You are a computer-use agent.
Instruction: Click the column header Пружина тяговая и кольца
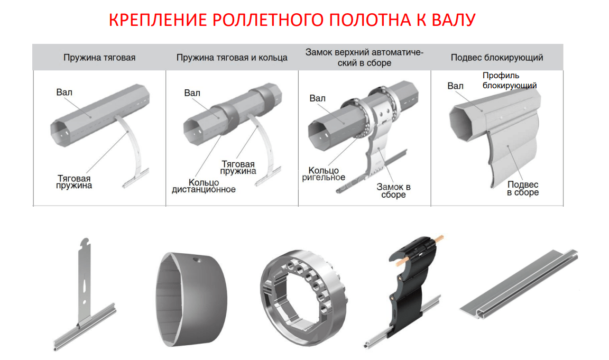pyautogui.click(x=232, y=57)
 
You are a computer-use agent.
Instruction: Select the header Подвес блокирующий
pyautogui.click(x=497, y=57)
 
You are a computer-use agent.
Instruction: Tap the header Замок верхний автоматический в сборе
pyautogui.click(x=365, y=57)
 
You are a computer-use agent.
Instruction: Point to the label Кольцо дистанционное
pyautogui.click(x=204, y=185)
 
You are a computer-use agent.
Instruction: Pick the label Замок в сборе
pyautogui.click(x=393, y=191)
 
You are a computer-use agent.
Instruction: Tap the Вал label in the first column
pyautogui.click(x=64, y=93)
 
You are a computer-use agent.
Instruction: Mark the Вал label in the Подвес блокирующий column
pyautogui.click(x=455, y=86)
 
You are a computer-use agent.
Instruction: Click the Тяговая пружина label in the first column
pyautogui.click(x=74, y=182)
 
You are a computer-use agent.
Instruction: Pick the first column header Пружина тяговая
pyautogui.click(x=99, y=57)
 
